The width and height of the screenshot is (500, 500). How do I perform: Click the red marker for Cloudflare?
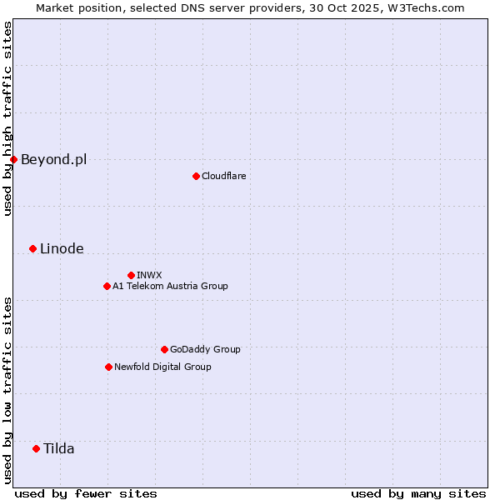point(196,176)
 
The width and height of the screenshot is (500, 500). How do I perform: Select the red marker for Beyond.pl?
point(13,159)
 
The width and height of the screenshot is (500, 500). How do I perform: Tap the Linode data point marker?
point(32,248)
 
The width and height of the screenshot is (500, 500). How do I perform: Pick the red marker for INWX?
point(131,275)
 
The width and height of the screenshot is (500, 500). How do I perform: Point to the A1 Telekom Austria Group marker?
point(107,286)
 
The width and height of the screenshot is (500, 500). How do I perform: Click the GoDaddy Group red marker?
point(164,349)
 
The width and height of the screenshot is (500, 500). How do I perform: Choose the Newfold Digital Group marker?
point(108,367)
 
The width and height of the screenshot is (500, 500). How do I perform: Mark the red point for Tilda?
point(36,448)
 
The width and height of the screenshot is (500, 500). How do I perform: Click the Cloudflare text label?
point(223,176)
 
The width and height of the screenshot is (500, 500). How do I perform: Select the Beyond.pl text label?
point(53,159)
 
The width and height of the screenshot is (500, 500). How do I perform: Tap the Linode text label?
point(62,248)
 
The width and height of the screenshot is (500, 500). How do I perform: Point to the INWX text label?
point(149,275)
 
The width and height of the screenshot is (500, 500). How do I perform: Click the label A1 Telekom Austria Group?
point(170,286)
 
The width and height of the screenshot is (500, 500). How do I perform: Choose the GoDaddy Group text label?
point(205,349)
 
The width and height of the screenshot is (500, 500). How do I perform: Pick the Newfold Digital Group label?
point(162,367)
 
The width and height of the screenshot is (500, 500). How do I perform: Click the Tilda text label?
point(59,448)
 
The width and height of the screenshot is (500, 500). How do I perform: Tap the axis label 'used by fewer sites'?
point(86,493)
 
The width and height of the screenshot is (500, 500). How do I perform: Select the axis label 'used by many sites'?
point(418,493)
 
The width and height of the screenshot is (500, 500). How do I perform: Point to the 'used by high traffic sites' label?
point(7,118)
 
